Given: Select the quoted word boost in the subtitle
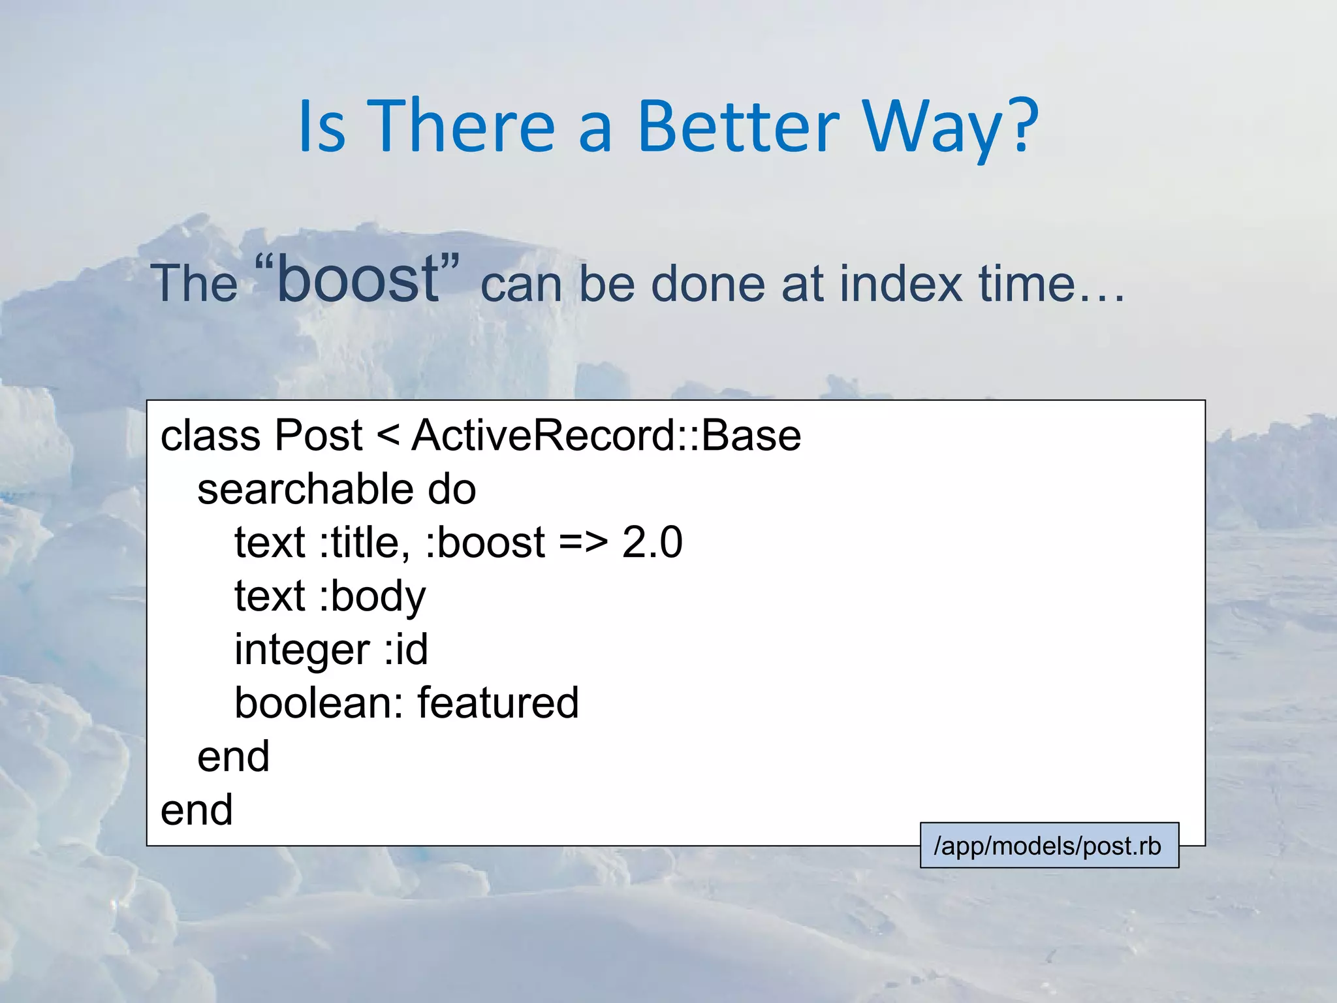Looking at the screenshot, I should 358,279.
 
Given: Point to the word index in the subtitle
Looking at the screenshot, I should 901,283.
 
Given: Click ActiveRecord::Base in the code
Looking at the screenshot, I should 606,435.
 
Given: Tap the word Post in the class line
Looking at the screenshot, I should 318,435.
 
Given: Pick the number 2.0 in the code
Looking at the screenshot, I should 652,542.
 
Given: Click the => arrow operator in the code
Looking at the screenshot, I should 583,543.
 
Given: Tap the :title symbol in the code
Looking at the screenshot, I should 364,542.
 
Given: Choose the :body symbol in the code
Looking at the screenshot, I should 372,597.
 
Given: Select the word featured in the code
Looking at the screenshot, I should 497,703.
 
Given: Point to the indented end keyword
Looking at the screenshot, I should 233,756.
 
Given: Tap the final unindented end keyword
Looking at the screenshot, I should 197,810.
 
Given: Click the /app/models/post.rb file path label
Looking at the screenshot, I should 1048,846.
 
